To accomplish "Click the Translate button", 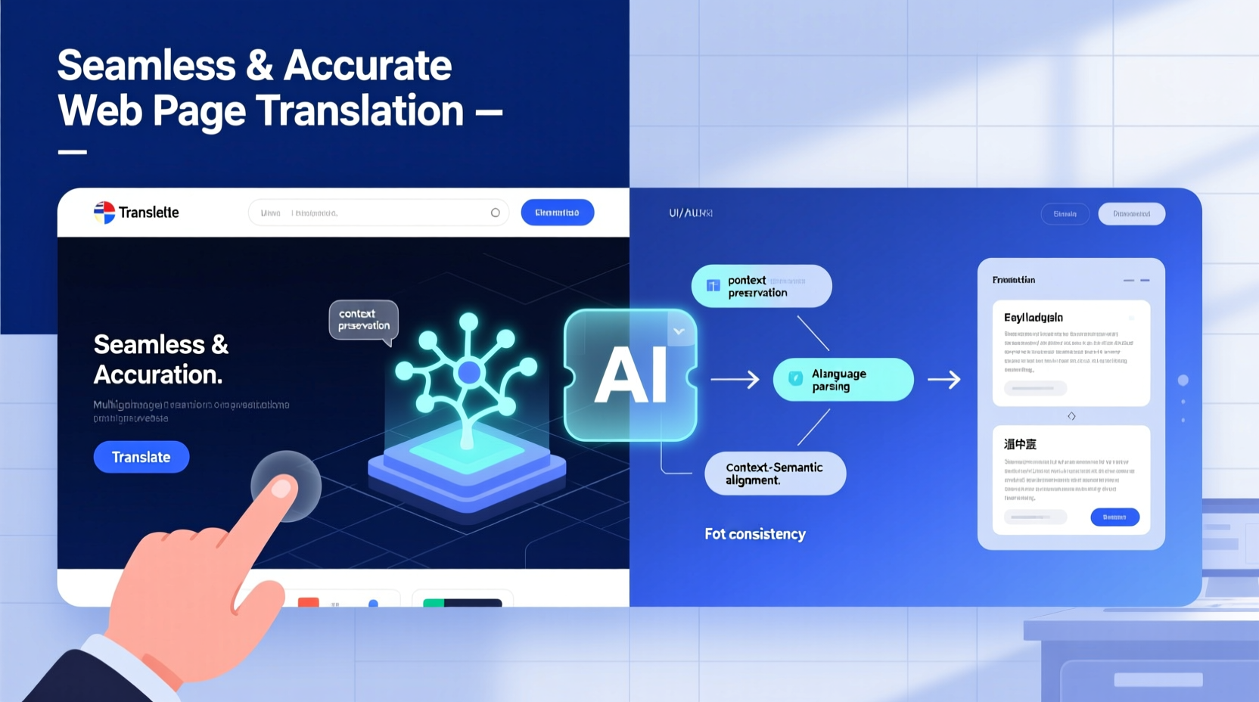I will click(141, 457).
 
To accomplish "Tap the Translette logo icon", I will click(104, 213).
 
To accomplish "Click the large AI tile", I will click(630, 375).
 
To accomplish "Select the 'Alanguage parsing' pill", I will click(843, 380).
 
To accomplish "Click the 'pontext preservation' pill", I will click(761, 286).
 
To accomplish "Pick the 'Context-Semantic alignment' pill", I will click(775, 474).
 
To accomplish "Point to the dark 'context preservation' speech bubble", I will click(364, 320).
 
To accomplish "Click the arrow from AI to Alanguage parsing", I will click(734, 380).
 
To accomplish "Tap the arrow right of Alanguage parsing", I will click(944, 380).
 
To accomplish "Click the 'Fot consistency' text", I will click(755, 534).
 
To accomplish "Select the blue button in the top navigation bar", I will click(557, 213).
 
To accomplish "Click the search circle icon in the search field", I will click(496, 213).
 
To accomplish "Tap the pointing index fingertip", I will click(281, 488).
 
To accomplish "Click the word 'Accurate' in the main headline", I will click(368, 66).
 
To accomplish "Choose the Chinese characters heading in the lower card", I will click(1020, 444).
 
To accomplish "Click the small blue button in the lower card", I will click(1114, 517).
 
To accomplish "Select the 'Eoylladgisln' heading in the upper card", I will click(1034, 318).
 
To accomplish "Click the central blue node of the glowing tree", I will click(469, 372).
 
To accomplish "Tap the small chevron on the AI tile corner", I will click(679, 331).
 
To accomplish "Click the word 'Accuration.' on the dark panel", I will click(158, 374).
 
